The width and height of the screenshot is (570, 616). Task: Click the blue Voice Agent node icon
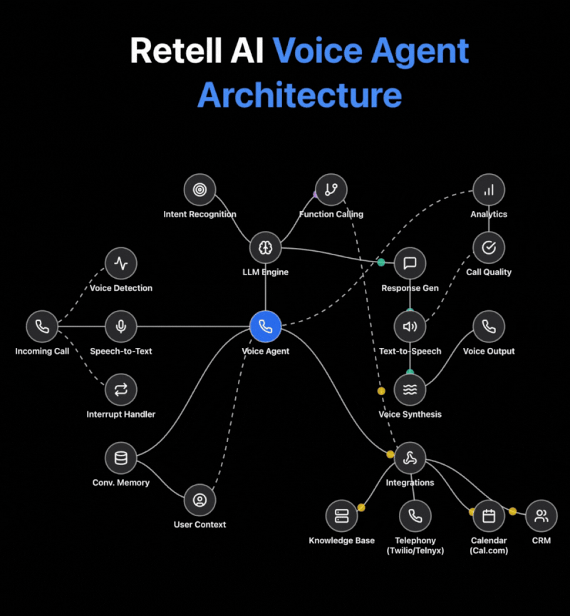click(x=266, y=327)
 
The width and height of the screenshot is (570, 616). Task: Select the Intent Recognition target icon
click(x=199, y=190)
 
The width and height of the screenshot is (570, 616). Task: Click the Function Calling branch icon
click(x=331, y=190)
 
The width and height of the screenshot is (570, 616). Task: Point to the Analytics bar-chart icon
click(x=489, y=190)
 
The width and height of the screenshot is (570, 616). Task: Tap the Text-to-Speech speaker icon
click(x=410, y=327)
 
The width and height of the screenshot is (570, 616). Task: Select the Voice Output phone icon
click(x=489, y=327)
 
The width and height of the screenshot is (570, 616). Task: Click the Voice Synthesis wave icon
click(x=410, y=389)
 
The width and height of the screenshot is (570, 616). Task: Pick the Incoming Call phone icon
click(x=42, y=327)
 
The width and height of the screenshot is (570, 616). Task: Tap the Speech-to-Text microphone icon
click(x=121, y=327)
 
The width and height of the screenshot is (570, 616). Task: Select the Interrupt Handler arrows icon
click(x=121, y=389)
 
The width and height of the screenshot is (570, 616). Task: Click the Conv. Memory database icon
click(x=121, y=458)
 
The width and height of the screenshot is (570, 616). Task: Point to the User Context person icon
click(x=199, y=500)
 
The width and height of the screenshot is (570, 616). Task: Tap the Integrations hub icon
click(x=410, y=458)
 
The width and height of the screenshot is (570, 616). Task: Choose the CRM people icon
click(x=541, y=515)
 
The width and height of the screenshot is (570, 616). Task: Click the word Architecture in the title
click(x=299, y=95)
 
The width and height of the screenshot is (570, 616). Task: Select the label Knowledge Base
click(x=341, y=540)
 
